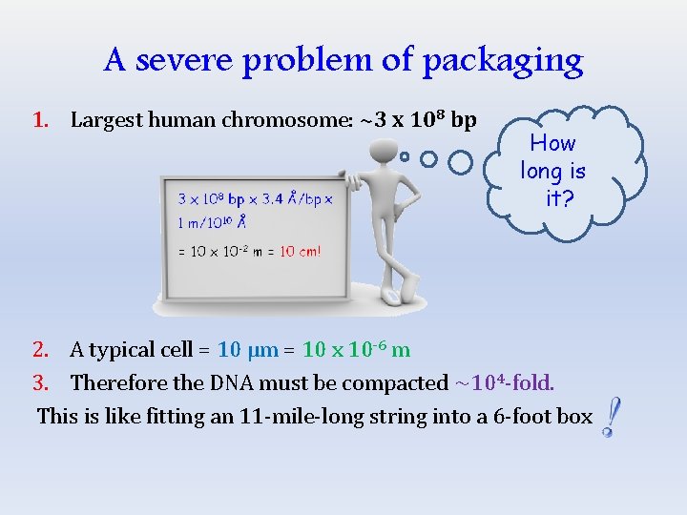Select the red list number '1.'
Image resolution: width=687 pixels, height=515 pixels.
click(x=40, y=120)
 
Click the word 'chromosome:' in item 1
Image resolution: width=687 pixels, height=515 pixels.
click(x=288, y=120)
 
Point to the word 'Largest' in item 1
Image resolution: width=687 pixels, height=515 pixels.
click(x=104, y=120)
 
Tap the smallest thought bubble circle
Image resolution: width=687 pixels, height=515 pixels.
click(x=405, y=155)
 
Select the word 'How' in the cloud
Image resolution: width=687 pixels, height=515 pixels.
click(x=552, y=143)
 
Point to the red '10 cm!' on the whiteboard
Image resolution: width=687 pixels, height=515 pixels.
click(x=300, y=252)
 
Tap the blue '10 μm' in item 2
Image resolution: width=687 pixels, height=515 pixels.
click(x=248, y=350)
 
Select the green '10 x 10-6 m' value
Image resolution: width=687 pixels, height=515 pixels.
click(x=356, y=349)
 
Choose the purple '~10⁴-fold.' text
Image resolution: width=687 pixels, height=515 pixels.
click(x=505, y=382)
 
